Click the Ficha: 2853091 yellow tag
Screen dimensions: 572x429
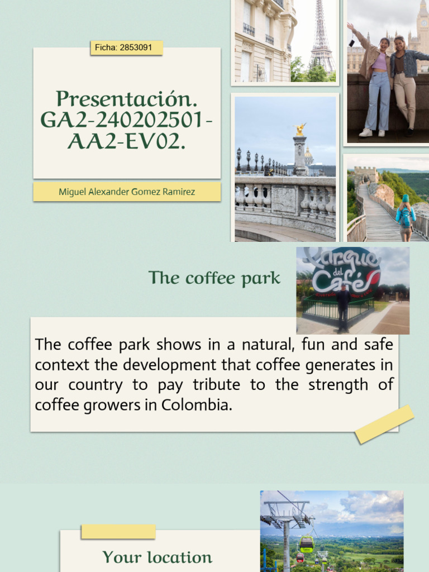point(126,48)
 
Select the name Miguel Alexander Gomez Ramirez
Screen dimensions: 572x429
point(127,192)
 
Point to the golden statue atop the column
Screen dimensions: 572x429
point(301,130)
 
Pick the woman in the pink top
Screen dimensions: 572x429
point(378,84)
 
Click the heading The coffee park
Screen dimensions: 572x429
point(214,278)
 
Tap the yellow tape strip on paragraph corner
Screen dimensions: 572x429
point(384,425)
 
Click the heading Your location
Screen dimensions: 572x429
point(157,557)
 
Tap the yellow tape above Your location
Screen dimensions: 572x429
point(118,532)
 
